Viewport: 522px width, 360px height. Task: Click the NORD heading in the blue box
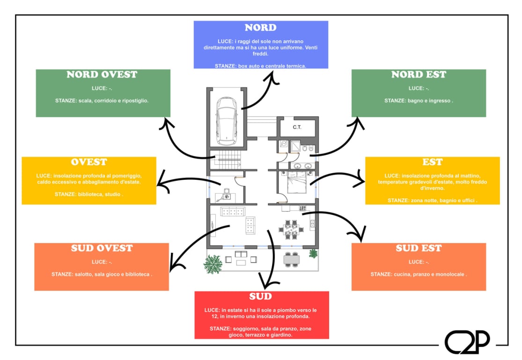pyautogui.click(x=261, y=27)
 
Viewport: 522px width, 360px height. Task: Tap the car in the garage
pyautogui.click(x=227, y=121)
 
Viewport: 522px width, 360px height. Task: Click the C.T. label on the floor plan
pyautogui.click(x=297, y=127)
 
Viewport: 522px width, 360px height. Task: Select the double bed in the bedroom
pyautogui.click(x=297, y=182)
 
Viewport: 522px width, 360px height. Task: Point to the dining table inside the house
pyautogui.click(x=291, y=229)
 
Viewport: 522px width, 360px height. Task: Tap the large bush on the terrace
pyautogui.click(x=213, y=264)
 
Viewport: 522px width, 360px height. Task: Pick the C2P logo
pyautogui.click(x=467, y=342)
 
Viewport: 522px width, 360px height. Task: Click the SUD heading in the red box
pyautogui.click(x=261, y=296)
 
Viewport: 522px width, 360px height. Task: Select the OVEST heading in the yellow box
pyautogui.click(x=89, y=162)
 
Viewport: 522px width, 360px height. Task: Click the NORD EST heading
pyautogui.click(x=419, y=74)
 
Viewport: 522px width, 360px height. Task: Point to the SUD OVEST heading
pyautogui.click(x=102, y=248)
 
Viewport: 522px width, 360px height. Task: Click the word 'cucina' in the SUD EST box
pyautogui.click(x=402, y=274)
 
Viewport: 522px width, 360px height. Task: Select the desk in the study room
pyautogui.click(x=225, y=197)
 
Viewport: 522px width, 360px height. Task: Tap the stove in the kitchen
pyautogui.click(x=302, y=208)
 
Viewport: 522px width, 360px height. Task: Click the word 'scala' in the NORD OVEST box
pyautogui.click(x=85, y=101)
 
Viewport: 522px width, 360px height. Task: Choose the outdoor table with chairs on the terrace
pyautogui.click(x=292, y=259)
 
